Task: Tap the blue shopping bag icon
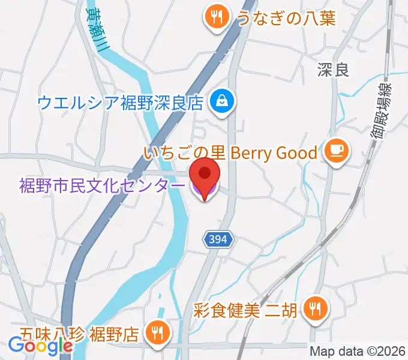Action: [223, 100]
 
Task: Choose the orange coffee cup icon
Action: [334, 151]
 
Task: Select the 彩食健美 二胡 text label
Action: [245, 311]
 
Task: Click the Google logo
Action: [41, 346]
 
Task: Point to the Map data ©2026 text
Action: [358, 352]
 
